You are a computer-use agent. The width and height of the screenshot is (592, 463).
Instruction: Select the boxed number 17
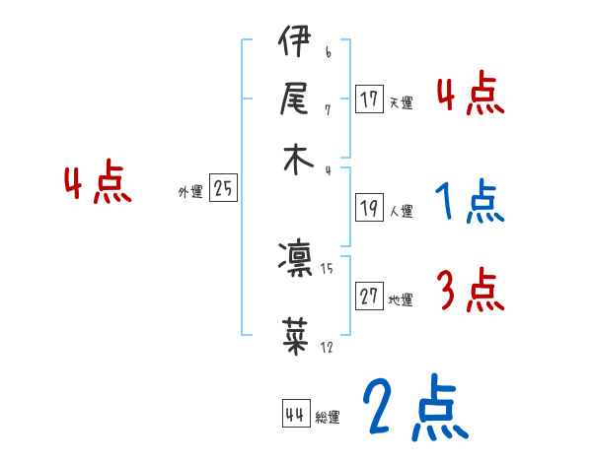tap(369, 99)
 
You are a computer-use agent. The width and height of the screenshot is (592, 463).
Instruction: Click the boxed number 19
tap(369, 208)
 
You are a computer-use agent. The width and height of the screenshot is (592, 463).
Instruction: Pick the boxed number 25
tap(223, 189)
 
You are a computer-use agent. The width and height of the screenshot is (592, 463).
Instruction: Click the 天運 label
tap(401, 101)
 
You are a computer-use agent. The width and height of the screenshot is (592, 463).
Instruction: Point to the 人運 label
tap(401, 210)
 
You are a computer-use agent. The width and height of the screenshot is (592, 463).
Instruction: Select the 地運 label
tap(401, 299)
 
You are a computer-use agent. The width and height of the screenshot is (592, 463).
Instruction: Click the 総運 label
tap(327, 418)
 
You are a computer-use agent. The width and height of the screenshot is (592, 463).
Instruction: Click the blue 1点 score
tap(469, 202)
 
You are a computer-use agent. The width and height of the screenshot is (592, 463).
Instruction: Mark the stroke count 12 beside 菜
tap(327, 347)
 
